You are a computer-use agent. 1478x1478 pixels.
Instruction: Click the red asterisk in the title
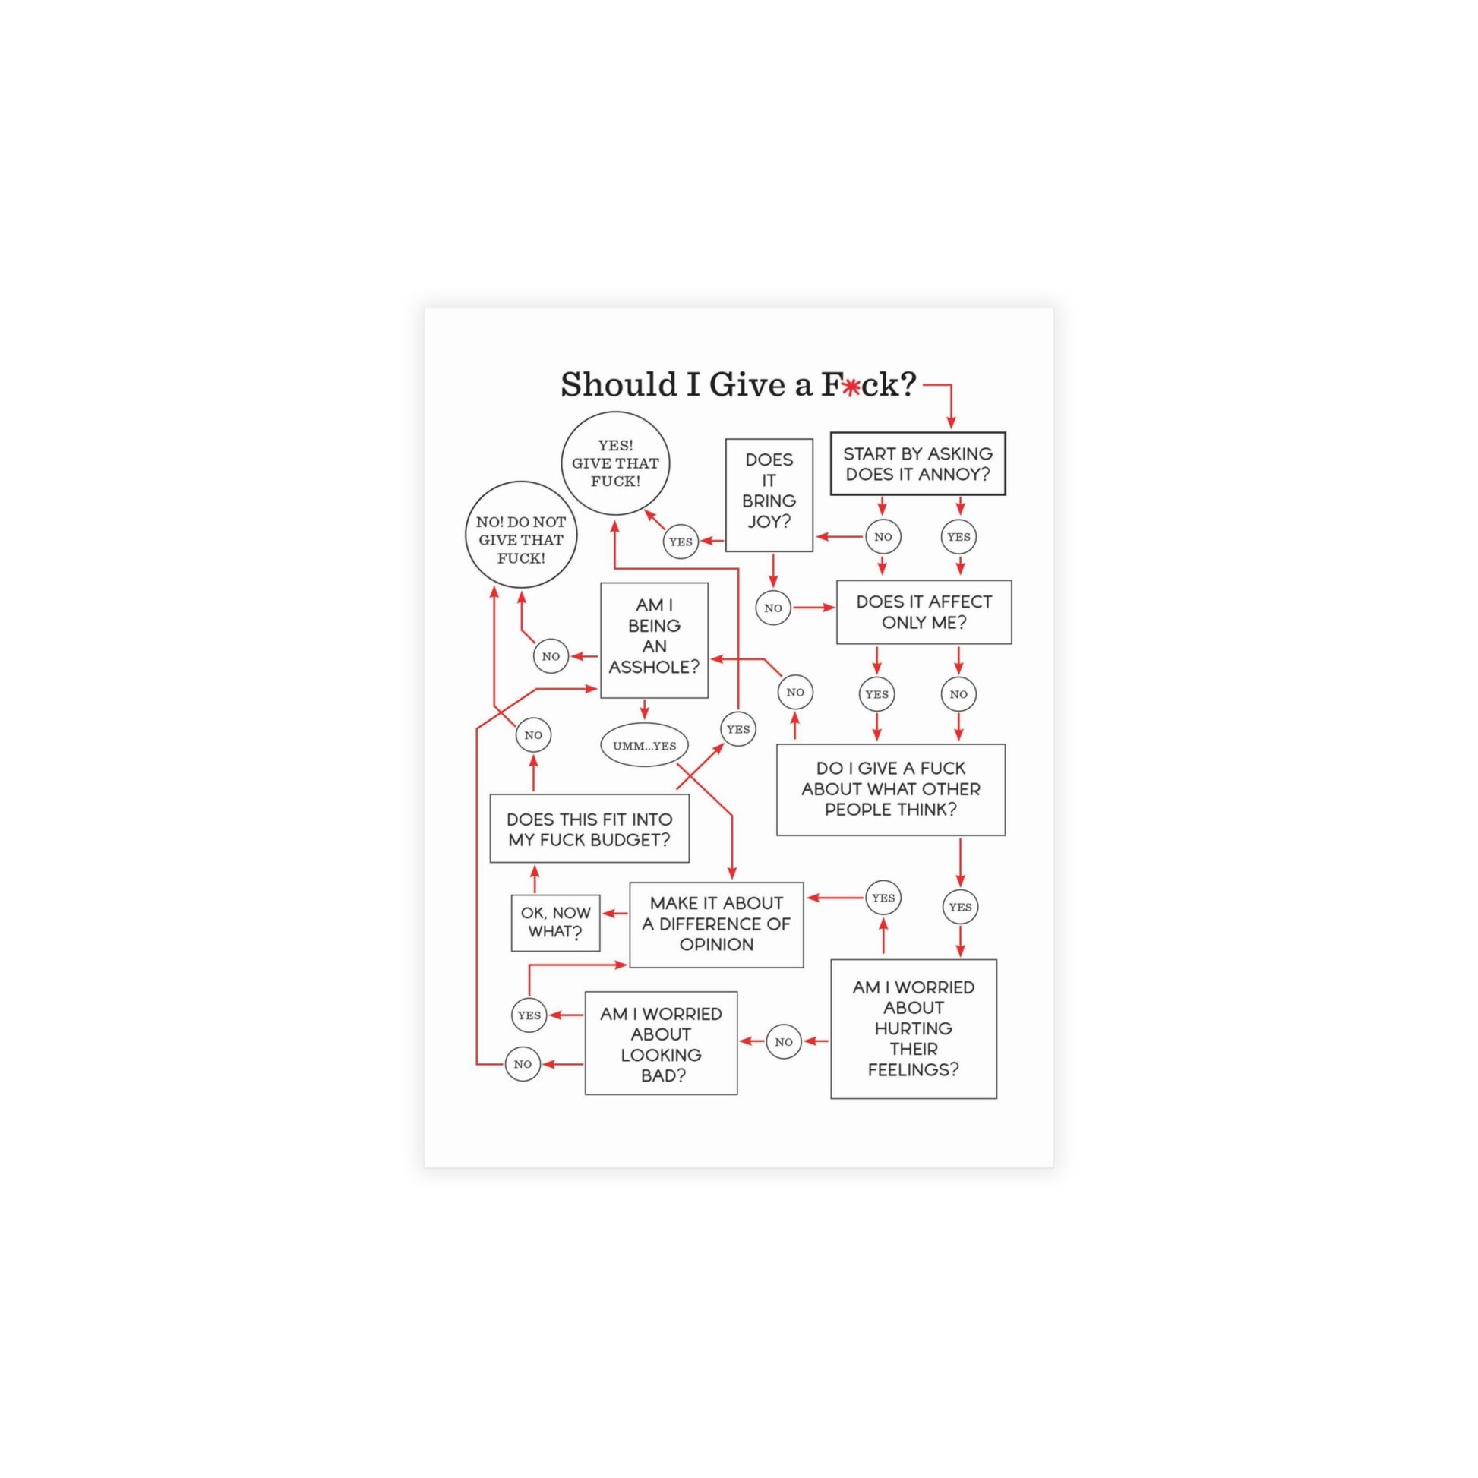[851, 388]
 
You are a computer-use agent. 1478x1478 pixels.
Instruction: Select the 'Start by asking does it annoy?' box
[918, 463]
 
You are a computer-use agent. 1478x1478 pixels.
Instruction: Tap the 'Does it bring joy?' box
[769, 495]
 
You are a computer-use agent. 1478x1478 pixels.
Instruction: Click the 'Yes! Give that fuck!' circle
[616, 463]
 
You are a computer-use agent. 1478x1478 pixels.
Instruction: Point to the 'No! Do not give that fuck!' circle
[521, 535]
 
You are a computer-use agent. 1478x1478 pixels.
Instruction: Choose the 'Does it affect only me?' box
[924, 612]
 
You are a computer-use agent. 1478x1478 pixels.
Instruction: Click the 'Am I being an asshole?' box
[654, 640]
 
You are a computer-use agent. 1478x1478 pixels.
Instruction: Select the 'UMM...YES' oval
[644, 745]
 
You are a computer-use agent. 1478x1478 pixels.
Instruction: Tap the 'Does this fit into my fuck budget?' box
[589, 829]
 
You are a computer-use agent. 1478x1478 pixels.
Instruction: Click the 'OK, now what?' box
[555, 923]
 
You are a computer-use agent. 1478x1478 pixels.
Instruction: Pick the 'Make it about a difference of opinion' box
[716, 924]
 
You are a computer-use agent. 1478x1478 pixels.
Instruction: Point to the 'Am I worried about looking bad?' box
[661, 1044]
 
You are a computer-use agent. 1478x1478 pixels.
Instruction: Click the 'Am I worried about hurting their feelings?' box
[914, 1029]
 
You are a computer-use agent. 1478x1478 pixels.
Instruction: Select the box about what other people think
[890, 789]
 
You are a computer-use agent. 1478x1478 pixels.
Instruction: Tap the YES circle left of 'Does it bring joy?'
[680, 542]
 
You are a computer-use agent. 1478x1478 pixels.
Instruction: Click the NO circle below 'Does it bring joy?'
[772, 608]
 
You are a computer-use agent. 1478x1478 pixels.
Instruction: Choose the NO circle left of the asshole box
[551, 655]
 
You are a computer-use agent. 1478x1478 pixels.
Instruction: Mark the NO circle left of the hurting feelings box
[783, 1041]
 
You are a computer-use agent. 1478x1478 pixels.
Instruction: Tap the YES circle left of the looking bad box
[529, 1015]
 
